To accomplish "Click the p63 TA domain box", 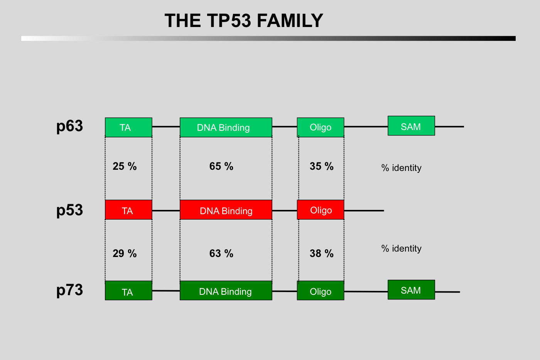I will click(x=128, y=127).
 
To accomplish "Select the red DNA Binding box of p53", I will click(x=226, y=210).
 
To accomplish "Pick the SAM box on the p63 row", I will click(x=411, y=126).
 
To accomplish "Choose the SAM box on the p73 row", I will click(x=411, y=290).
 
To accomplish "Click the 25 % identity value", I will click(x=125, y=166).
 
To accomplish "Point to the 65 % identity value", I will click(x=221, y=166).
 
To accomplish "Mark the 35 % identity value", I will click(x=321, y=166).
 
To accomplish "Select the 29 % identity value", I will click(x=125, y=254).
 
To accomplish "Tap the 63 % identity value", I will click(x=221, y=254).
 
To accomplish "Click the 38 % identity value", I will click(x=321, y=254).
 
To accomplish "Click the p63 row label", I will click(x=69, y=126).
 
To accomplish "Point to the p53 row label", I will click(x=69, y=210).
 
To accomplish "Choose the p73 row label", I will click(x=69, y=290).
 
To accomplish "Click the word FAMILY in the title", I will click(x=290, y=21).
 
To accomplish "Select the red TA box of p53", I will click(x=128, y=210).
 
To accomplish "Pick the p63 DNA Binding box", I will click(x=226, y=127).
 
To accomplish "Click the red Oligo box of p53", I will click(x=320, y=210).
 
